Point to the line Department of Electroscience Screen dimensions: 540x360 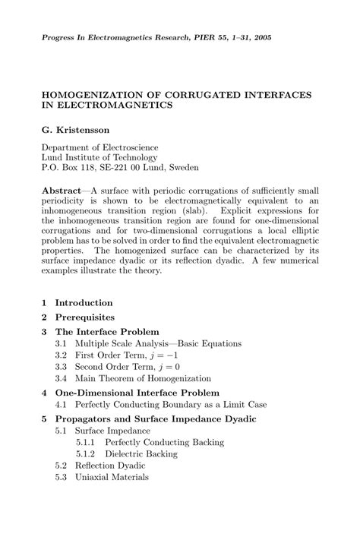[99, 147]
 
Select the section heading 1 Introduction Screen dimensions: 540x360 [78, 302]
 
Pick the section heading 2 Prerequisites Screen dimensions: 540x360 [78, 317]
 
